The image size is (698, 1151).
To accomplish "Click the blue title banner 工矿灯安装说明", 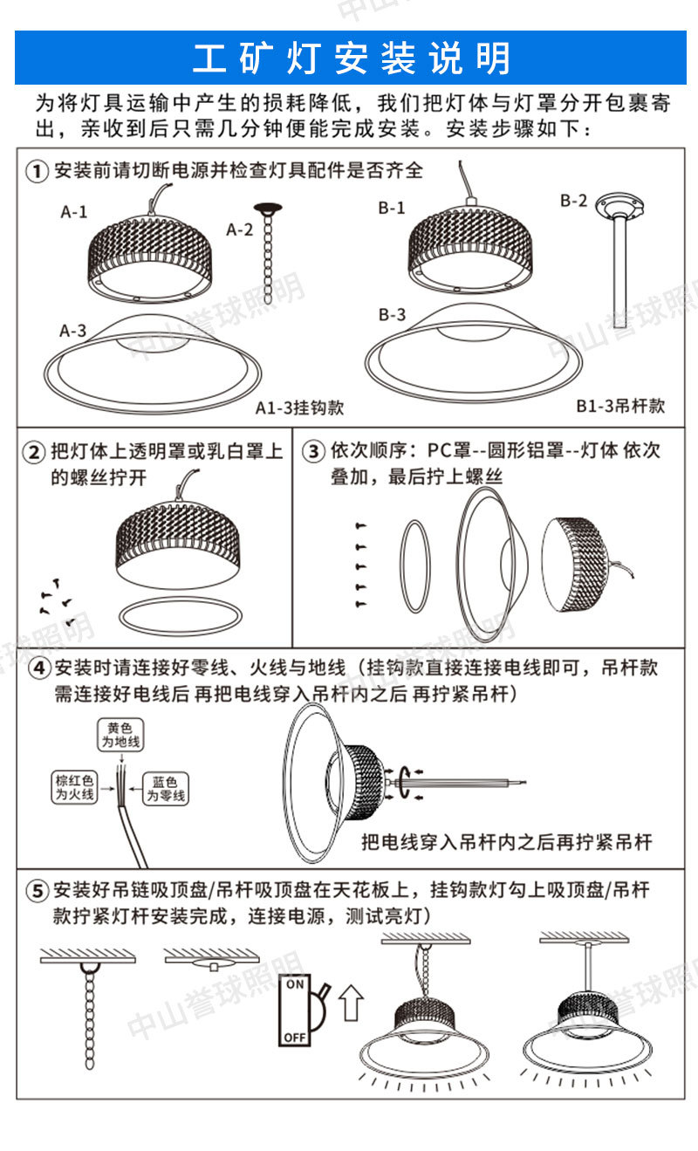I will coord(349,58).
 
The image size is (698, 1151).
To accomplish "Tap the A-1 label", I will coord(74,211).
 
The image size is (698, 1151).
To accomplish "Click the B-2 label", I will coord(573,202).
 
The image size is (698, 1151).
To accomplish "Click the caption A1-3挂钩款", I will coord(300,408).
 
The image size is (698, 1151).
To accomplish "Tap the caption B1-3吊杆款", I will coord(620,406).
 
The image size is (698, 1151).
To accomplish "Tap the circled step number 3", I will coord(311,452).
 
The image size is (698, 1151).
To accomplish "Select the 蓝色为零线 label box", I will coord(166,789).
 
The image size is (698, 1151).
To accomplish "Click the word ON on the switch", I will coord(296,984).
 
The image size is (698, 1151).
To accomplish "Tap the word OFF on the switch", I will coord(295,1038).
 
